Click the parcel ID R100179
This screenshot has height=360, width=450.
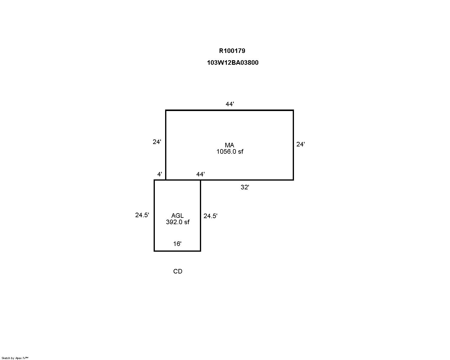232,51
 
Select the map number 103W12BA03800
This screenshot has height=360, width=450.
233,63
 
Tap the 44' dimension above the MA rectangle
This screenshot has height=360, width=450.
230,104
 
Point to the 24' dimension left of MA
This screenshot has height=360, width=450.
157,142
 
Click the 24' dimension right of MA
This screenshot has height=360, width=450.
301,144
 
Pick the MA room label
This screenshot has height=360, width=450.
230,145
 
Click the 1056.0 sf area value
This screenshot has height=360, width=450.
230,152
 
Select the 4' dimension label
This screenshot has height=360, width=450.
160,174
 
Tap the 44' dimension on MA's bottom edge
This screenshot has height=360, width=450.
200,174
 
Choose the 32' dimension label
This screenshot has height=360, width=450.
245,187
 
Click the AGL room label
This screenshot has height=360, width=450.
177,215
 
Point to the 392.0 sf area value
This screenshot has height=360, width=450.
178,222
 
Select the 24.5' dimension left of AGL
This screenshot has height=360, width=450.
142,215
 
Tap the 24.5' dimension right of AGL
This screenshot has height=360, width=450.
210,216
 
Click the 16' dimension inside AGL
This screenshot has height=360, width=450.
177,244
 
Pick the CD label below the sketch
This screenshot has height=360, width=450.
178,271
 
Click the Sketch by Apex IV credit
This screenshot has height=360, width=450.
15,358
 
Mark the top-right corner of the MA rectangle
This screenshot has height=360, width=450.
293,110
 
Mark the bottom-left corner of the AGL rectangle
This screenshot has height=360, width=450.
154,251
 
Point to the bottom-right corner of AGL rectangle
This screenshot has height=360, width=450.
200,251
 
